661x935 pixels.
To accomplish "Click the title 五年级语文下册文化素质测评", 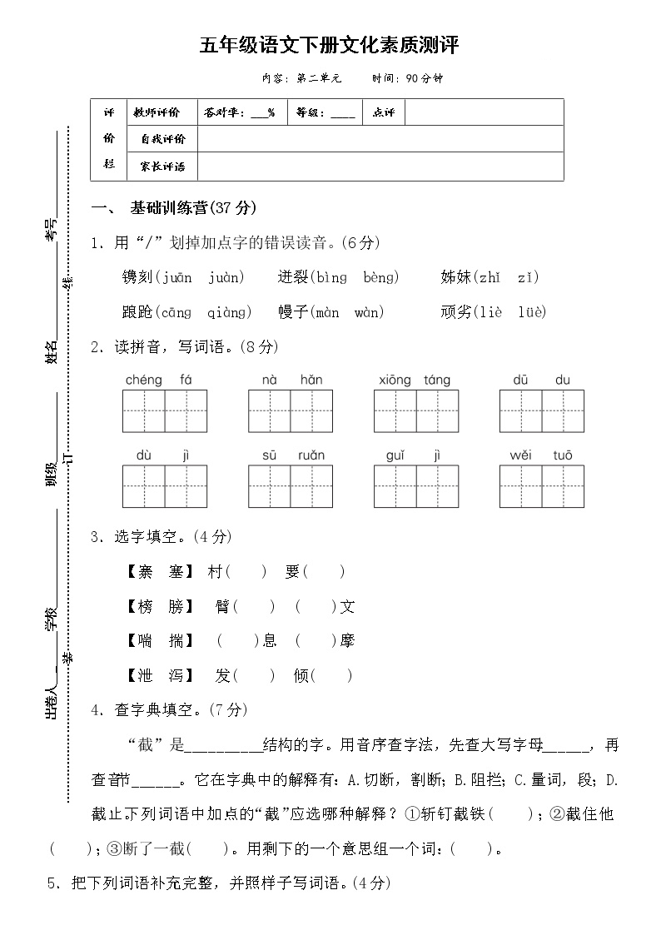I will [330, 45].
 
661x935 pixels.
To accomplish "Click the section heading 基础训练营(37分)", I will [193, 207].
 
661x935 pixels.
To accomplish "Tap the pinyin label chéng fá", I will [158, 380].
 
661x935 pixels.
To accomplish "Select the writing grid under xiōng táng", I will [416, 411].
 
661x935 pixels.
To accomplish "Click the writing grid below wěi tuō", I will [541, 486].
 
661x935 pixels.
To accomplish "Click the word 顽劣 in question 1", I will [456, 312].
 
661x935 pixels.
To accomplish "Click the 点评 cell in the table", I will [384, 112].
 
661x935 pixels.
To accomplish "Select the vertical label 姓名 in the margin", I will [52, 352].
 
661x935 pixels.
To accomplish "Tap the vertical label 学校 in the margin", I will [52, 619].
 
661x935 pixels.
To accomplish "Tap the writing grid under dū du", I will [541, 411].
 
